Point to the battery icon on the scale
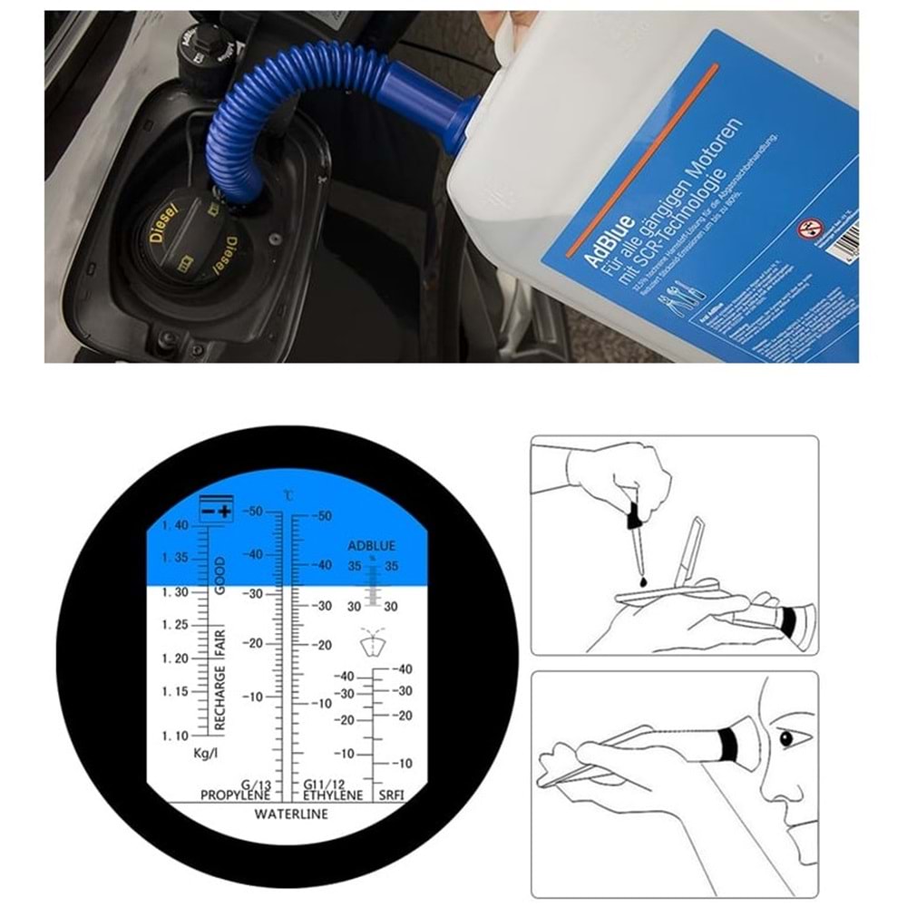point(216,509)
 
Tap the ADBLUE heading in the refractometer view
point(372,546)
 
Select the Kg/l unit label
point(207,755)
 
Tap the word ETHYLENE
point(333,795)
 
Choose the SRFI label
point(392,795)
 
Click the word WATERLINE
point(291,814)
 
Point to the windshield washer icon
point(372,641)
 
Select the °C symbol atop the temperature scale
point(288,495)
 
